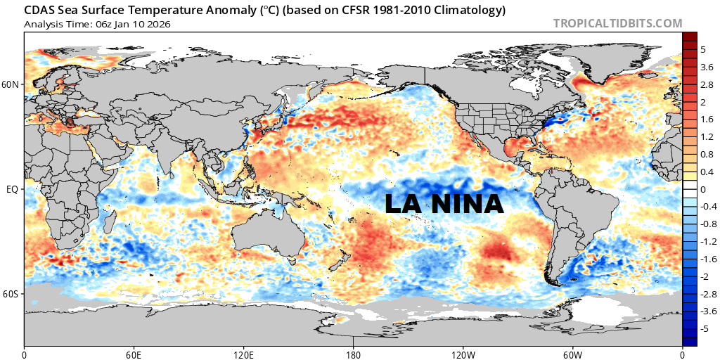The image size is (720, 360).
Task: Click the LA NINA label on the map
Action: point(444,203)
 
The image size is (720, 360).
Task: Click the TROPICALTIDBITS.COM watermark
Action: point(617,23)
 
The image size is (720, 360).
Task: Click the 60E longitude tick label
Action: point(134,353)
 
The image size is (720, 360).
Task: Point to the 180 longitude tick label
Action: point(353,353)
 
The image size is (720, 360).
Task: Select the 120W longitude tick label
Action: point(463,353)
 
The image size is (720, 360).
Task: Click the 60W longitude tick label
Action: point(572,353)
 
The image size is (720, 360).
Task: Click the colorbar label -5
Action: point(705,328)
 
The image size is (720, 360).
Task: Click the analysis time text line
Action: point(97,24)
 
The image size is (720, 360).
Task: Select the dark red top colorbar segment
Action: point(690,37)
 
